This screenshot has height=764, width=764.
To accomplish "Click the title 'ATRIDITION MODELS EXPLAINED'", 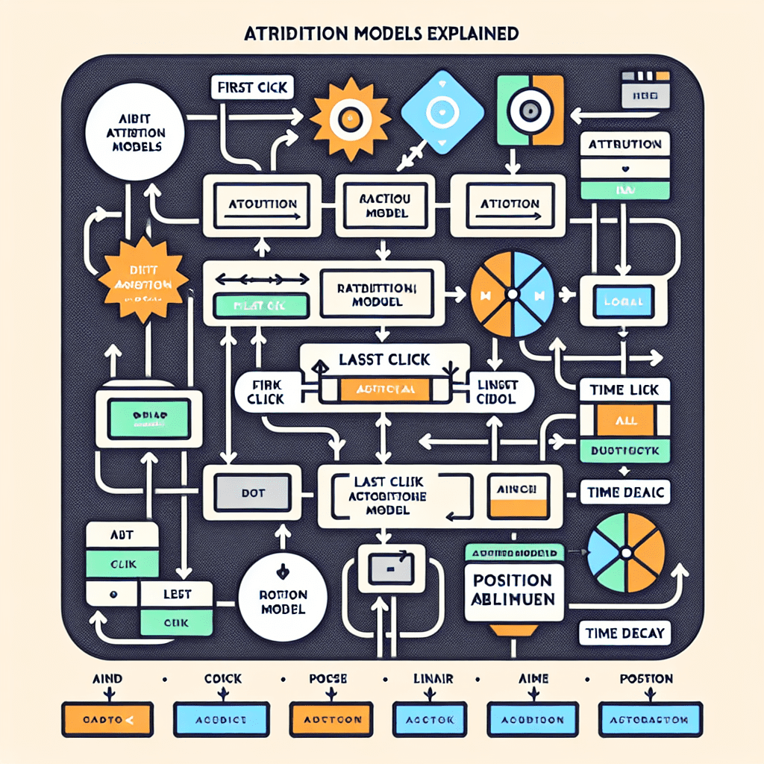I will click(x=382, y=34).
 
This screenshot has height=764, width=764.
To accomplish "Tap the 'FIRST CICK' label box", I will click(x=251, y=87).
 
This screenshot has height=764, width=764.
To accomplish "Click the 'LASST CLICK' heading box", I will click(x=386, y=359).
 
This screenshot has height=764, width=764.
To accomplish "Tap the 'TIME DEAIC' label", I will click(x=625, y=492).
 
